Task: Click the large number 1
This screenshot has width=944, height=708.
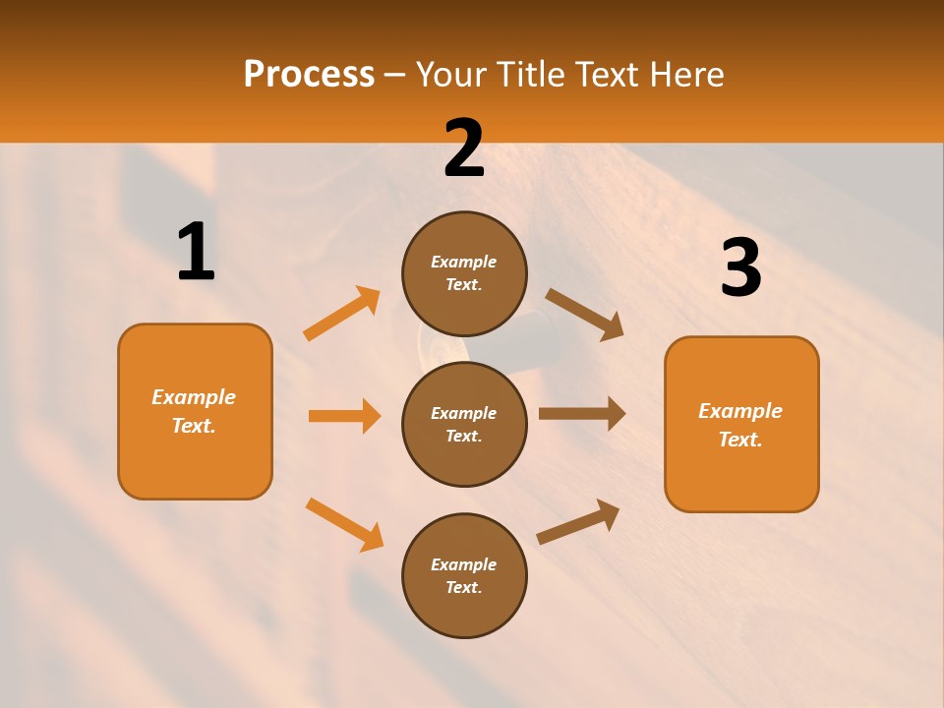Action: (x=196, y=253)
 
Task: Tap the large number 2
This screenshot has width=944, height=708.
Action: (x=464, y=148)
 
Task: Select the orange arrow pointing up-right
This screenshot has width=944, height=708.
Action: (x=342, y=314)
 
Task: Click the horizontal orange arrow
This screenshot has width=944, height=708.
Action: (x=344, y=416)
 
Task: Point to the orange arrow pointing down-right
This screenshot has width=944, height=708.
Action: (x=344, y=524)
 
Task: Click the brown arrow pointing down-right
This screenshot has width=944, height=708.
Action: (x=585, y=315)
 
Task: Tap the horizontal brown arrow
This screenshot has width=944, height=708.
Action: (x=582, y=413)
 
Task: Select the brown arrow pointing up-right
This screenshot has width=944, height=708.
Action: (x=579, y=521)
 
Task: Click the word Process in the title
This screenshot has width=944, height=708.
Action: (x=309, y=74)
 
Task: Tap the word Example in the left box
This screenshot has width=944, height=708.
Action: (x=194, y=397)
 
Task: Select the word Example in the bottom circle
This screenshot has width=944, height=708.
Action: (x=464, y=564)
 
